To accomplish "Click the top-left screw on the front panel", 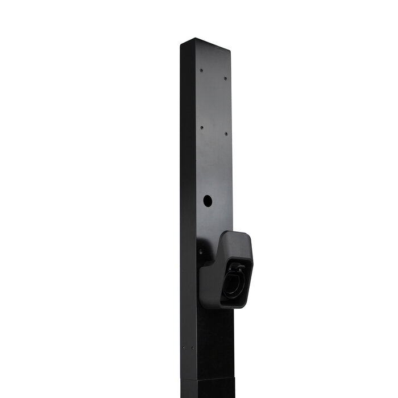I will tap(201, 71).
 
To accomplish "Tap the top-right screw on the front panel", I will tap(225, 78).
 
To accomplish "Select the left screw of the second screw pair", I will tap(201, 127).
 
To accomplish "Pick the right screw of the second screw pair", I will tap(226, 134).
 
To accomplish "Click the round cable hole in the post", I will tap(208, 201).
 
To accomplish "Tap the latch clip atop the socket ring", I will tap(238, 266).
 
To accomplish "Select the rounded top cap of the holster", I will tap(237, 236).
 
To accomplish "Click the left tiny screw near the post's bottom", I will tap(184, 349).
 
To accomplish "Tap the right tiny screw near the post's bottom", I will tap(193, 348).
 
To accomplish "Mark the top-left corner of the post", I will tap(181, 44).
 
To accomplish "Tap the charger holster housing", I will tap(227, 273).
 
